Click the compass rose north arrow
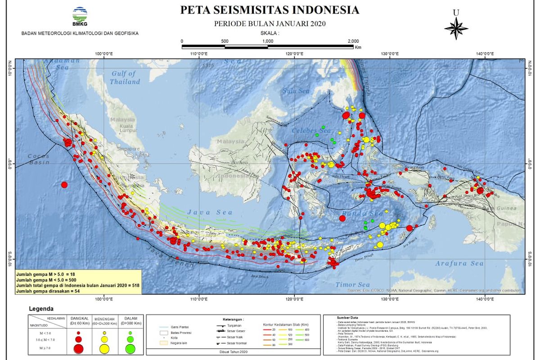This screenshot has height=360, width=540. pyautogui.click(x=456, y=28)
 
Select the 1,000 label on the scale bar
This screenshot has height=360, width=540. pyautogui.click(x=268, y=41)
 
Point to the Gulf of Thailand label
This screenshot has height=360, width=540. pyautogui.click(x=125, y=78)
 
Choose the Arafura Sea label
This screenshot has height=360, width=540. pyautogui.click(x=459, y=264)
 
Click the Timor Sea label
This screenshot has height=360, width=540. pyautogui.click(x=352, y=284)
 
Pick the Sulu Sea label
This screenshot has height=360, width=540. pyautogui.click(x=296, y=91)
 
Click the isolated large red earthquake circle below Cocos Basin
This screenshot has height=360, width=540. pyautogui.click(x=64, y=184)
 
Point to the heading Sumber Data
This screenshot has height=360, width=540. pyautogui.click(x=350, y=318)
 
